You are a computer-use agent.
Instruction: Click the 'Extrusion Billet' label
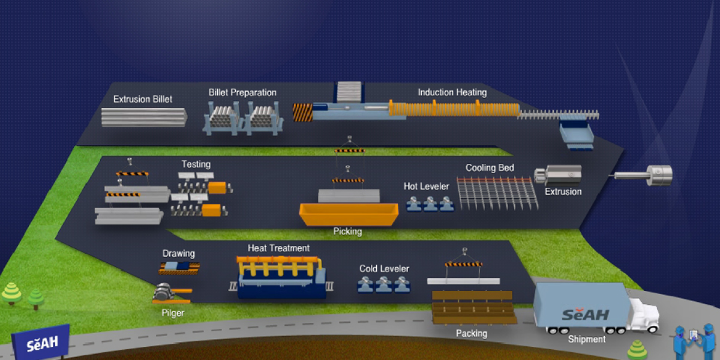coord(143,99)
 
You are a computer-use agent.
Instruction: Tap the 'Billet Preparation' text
coord(242,92)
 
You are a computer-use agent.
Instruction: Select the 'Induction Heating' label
coord(452,92)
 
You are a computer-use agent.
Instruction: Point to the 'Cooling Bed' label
coord(490,168)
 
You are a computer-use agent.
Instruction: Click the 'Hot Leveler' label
coord(426,187)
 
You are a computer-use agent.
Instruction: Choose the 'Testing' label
coord(196,164)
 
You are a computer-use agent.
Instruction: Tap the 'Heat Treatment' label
coord(278,248)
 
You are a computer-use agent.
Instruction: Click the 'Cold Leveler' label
coord(384,269)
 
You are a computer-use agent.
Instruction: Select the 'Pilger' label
coord(173,312)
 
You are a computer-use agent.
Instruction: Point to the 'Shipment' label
coord(587,339)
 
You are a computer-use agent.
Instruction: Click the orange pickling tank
coord(348,213)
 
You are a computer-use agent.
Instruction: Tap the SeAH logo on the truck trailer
coord(585,314)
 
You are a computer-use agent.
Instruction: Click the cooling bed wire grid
coord(497,192)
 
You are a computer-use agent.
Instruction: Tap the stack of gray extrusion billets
coord(143,116)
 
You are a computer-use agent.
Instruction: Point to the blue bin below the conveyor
coord(576,135)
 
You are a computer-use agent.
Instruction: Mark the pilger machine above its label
coord(164,293)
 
